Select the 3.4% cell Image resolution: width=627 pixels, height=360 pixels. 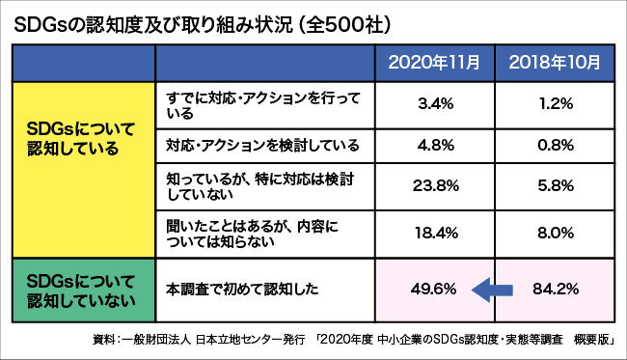pyautogui.click(x=433, y=104)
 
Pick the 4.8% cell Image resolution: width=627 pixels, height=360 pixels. pyautogui.click(x=433, y=146)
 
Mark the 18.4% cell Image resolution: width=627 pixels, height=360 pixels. pyautogui.click(x=433, y=233)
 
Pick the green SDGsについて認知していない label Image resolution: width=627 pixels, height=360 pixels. pyautogui.click(x=81, y=287)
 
